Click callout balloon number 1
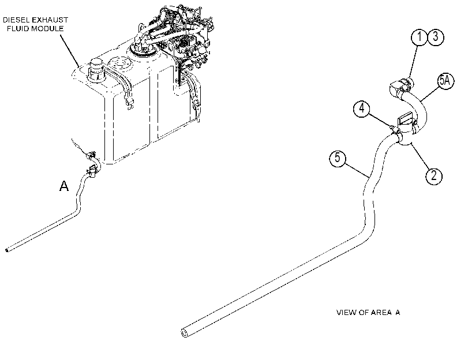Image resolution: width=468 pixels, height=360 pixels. coord(420,37)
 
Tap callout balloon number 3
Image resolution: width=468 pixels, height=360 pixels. coord(436,37)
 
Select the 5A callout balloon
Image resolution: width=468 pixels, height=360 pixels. coord(445,81)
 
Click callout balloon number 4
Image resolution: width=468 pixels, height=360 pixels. coord(361,108)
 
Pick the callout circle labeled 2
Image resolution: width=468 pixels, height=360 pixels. coord(434,176)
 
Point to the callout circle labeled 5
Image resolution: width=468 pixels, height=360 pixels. coord(338,157)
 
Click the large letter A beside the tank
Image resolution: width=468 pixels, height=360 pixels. coord(64,186)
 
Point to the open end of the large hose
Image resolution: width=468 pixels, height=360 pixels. coord(185,332)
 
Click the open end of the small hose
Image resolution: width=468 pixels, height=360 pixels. coord(7,250)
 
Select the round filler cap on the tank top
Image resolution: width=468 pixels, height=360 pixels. coord(96,70)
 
